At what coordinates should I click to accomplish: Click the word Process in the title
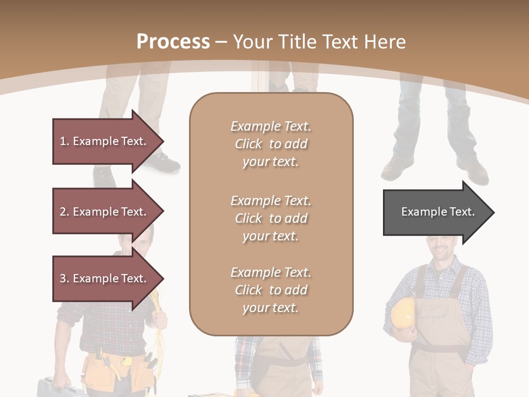tap(173, 42)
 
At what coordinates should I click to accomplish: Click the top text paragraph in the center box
tap(271, 144)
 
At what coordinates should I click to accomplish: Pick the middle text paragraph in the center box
tap(271, 218)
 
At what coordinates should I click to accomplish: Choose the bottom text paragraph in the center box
tap(271, 290)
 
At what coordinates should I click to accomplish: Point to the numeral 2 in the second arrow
tap(62, 212)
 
